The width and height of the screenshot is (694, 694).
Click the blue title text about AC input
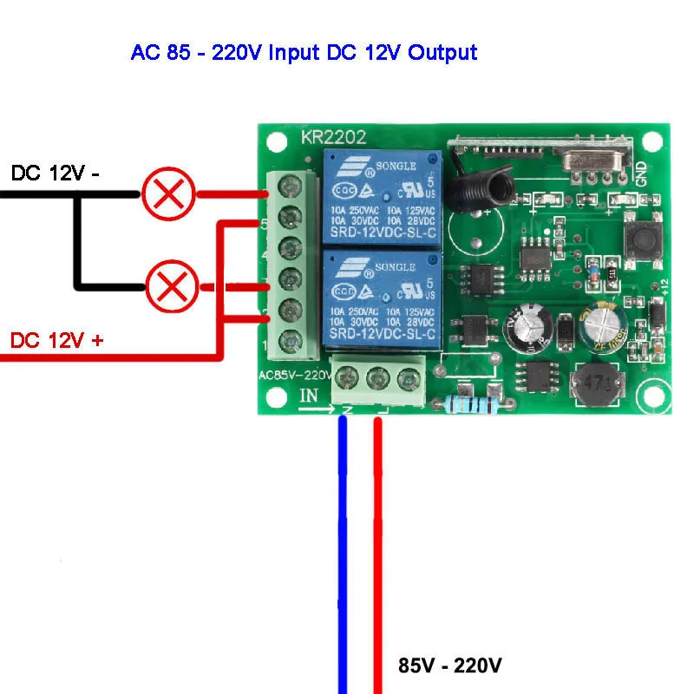304,52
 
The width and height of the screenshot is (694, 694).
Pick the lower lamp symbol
168,288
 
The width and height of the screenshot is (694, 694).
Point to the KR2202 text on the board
333,137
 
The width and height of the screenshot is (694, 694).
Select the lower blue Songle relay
383,298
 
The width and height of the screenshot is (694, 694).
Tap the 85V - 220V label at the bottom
450,666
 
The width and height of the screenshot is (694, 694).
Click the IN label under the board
310,396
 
